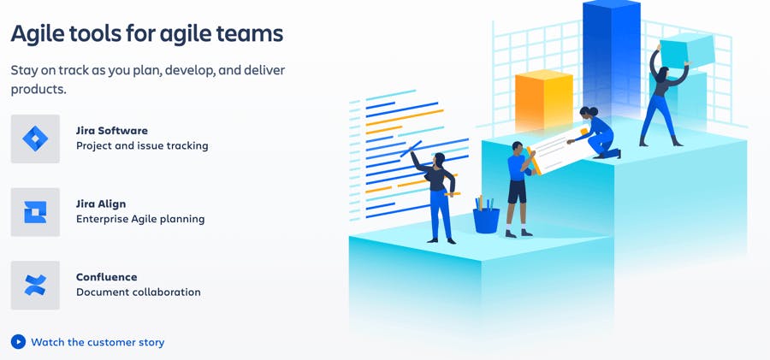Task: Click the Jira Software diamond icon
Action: [x=35, y=139]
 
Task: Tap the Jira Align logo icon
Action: [x=35, y=212]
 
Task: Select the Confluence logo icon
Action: [x=35, y=286]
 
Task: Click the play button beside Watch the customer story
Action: [x=18, y=342]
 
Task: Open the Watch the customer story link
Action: [x=98, y=342]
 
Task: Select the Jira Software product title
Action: [x=112, y=131]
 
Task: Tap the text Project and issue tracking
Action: [x=142, y=146]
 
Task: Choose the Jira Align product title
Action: [x=101, y=204]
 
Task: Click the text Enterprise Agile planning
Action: [x=140, y=219]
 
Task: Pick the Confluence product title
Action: [x=107, y=277]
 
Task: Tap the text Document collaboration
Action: [x=139, y=292]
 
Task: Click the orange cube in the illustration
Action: [x=544, y=101]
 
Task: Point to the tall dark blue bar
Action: [x=612, y=59]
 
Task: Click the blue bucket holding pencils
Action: [x=486, y=220]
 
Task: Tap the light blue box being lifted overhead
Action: [x=687, y=50]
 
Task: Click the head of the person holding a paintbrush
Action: [x=440, y=159]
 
